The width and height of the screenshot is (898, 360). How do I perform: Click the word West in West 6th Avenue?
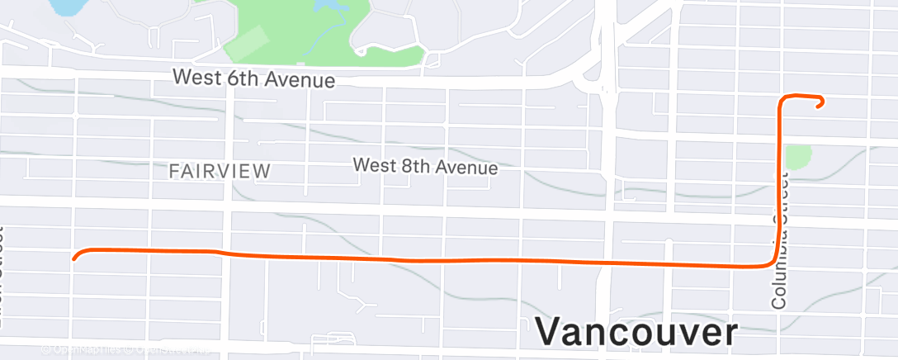199,78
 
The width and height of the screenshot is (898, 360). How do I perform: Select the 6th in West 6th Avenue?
248,79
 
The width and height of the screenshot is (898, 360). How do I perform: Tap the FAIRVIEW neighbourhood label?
220,172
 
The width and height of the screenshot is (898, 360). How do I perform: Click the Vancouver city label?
636,332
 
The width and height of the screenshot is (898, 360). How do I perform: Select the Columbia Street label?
780,239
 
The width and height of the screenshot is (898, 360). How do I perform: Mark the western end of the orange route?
75,258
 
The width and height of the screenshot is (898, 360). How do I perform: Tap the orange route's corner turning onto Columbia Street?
773,262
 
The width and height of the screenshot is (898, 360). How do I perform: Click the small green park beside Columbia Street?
798,156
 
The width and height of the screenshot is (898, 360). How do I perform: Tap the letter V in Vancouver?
552,332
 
